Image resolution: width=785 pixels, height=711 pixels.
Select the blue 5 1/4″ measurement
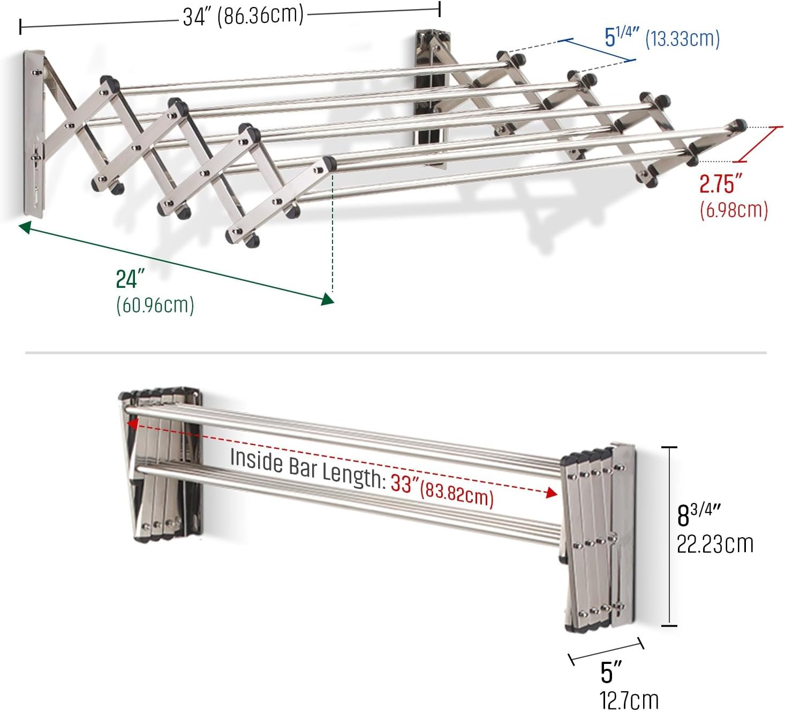(x=621, y=37)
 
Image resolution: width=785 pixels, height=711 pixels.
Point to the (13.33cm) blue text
(x=682, y=39)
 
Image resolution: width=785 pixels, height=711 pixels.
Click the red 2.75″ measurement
(x=718, y=185)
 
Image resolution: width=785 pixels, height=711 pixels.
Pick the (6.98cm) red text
(x=734, y=210)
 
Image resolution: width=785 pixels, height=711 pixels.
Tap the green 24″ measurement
(x=130, y=279)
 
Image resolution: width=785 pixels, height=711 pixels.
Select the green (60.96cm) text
(x=155, y=305)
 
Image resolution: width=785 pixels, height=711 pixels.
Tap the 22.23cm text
(x=715, y=544)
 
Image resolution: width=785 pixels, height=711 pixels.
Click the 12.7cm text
(x=629, y=700)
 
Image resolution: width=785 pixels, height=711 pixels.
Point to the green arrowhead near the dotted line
(x=327, y=299)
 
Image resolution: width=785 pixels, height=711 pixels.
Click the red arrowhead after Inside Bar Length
(x=552, y=493)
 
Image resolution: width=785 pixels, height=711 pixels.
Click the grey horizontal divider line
(x=396, y=353)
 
